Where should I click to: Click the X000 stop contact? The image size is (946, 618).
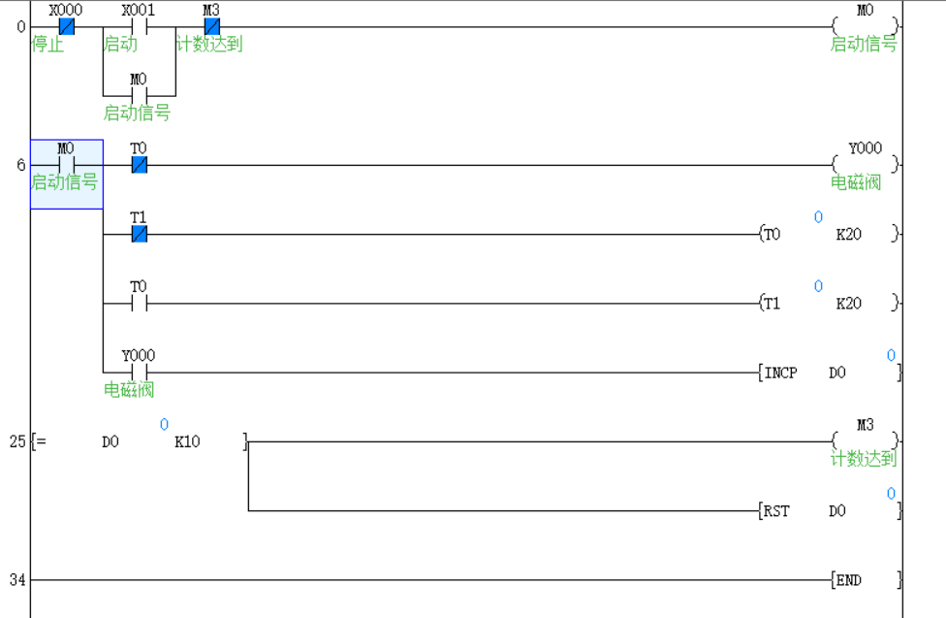click(x=67, y=27)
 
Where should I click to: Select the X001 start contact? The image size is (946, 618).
click(x=139, y=27)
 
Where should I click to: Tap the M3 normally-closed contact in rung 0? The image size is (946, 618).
click(x=211, y=27)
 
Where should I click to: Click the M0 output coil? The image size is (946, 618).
click(x=865, y=27)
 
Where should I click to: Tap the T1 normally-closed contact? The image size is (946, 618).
click(x=139, y=235)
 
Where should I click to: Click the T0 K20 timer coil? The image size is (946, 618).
click(x=830, y=235)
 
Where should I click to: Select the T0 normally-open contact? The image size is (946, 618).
click(x=139, y=304)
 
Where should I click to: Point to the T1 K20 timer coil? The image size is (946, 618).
click(x=830, y=304)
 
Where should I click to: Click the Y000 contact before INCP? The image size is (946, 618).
click(x=139, y=373)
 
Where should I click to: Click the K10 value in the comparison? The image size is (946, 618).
click(x=187, y=442)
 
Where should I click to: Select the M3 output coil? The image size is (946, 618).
click(x=865, y=442)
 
